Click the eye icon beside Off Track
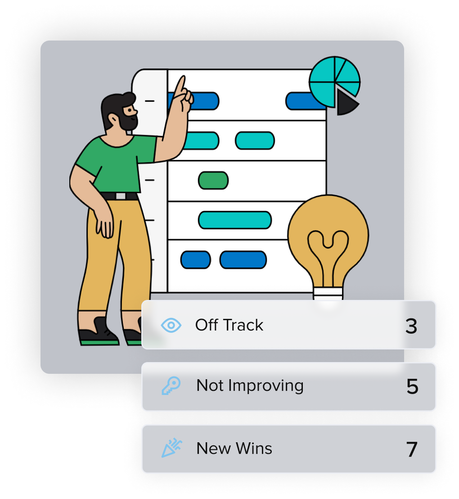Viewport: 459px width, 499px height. pyautogui.click(x=171, y=325)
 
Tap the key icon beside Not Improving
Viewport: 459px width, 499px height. pyautogui.click(x=171, y=386)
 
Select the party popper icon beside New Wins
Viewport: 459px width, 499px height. pyautogui.click(x=171, y=449)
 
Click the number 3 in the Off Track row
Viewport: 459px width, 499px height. pyautogui.click(x=411, y=326)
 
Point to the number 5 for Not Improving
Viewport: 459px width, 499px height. pyautogui.click(x=412, y=387)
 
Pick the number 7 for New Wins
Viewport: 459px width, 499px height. pyautogui.click(x=412, y=449)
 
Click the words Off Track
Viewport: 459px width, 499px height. pyautogui.click(x=229, y=325)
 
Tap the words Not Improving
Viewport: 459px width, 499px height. pyautogui.click(x=250, y=386)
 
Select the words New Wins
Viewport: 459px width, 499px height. pyautogui.click(x=234, y=449)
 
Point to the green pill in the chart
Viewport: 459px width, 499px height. pyautogui.click(x=213, y=180)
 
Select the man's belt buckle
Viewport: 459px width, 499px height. pyautogui.click(x=121, y=196)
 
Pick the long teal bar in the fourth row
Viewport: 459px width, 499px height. pyautogui.click(x=234, y=220)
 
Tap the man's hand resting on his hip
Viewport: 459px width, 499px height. pyautogui.click(x=104, y=223)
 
